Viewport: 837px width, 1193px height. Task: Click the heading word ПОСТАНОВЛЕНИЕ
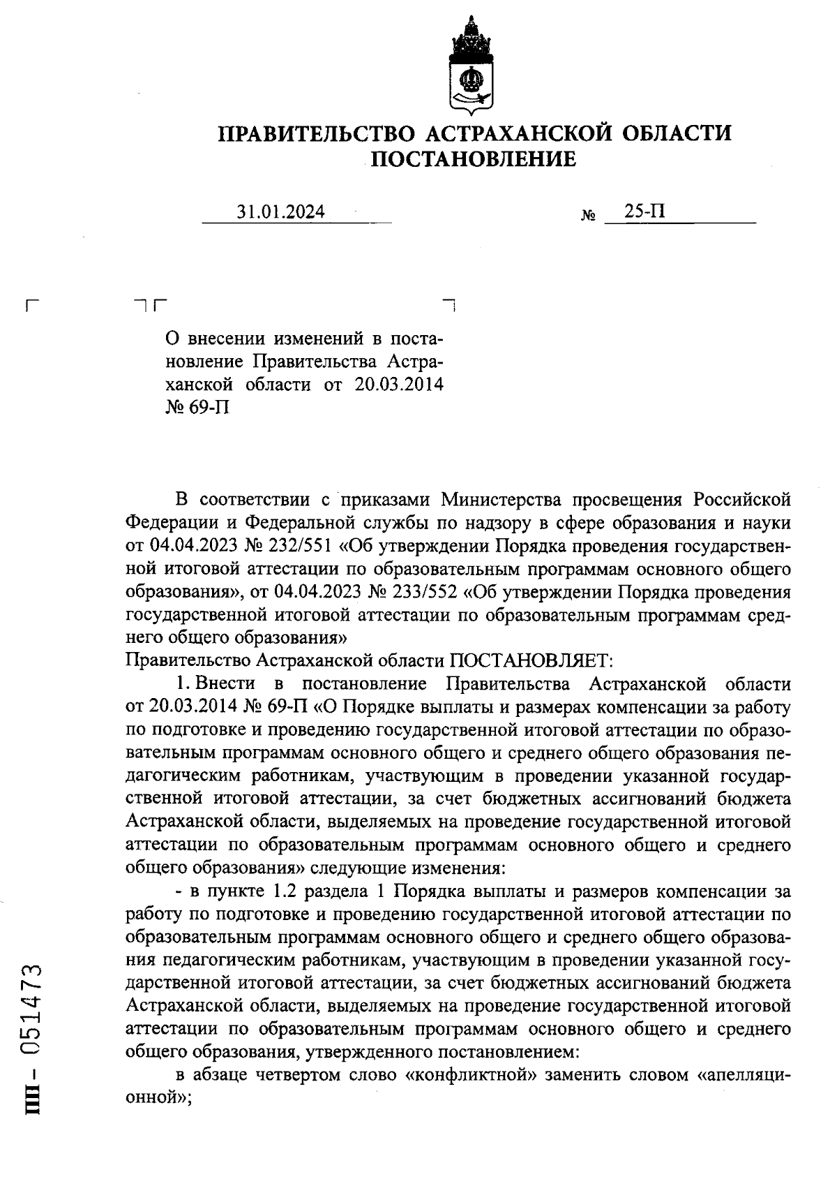click(472, 160)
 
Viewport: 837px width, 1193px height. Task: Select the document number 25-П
click(644, 210)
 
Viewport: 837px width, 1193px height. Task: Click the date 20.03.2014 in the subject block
click(399, 385)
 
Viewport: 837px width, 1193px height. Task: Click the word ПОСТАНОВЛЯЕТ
click(531, 660)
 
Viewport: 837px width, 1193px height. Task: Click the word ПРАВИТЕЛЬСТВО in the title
click(318, 133)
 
